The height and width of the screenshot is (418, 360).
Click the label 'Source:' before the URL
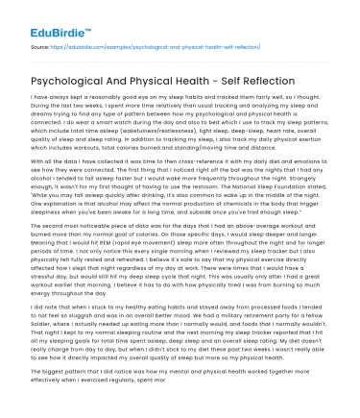click(x=39, y=45)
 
